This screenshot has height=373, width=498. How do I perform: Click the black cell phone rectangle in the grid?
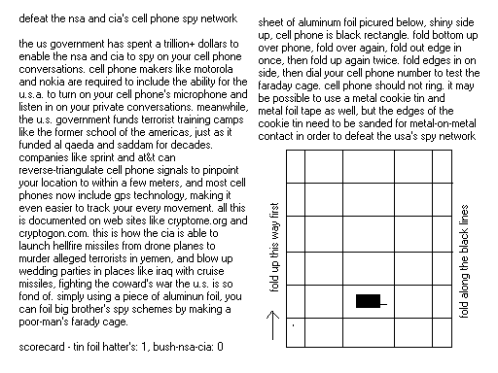tap(368, 302)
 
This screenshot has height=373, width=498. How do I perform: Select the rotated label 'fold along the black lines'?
tap(473, 254)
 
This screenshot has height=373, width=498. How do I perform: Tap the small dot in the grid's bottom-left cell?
tap(292, 337)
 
